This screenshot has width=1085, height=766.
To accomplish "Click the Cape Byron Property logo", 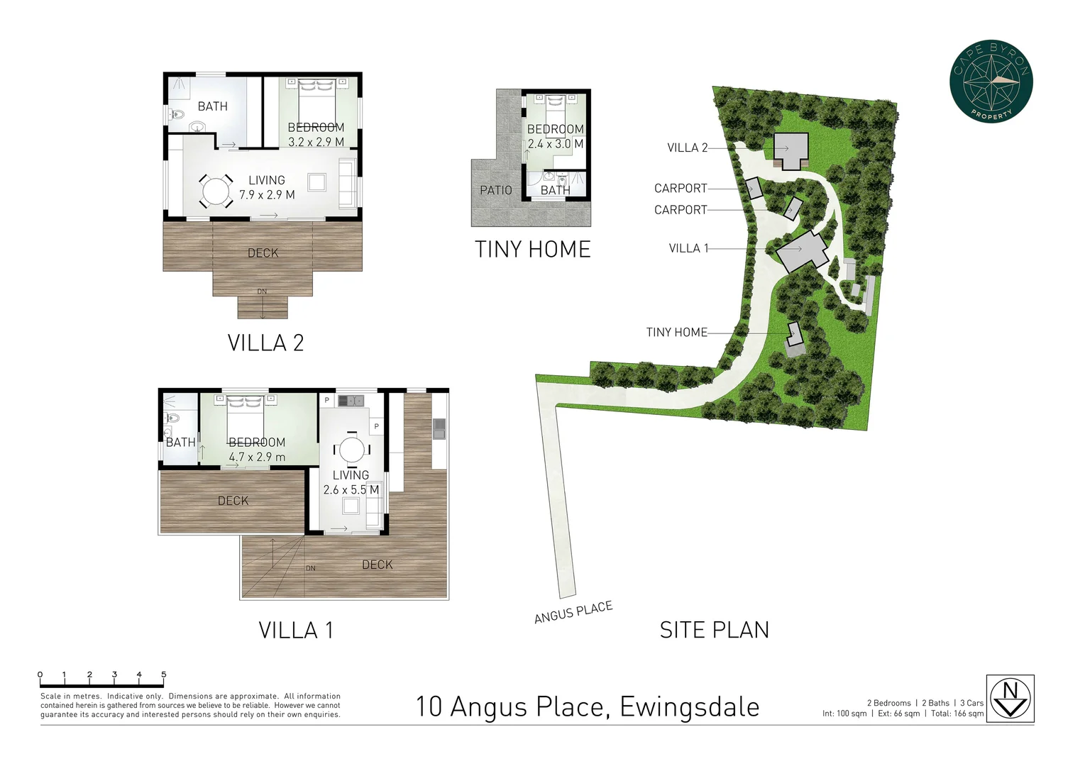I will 991,81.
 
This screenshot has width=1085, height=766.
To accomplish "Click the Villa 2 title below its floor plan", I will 265,343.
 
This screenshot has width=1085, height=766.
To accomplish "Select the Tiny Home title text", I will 532,250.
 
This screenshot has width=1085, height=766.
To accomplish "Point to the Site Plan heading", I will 714,630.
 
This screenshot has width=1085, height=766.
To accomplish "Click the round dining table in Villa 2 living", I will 216,191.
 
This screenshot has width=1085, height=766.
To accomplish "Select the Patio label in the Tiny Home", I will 495,190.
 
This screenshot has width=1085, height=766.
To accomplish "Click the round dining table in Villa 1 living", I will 351,450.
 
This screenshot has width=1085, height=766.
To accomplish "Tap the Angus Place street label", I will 573,612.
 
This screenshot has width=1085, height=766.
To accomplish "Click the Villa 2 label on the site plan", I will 687,148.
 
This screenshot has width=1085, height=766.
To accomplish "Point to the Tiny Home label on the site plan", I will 676,332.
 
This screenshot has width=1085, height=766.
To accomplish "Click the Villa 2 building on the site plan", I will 791,149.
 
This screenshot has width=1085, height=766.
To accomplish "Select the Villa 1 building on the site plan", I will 802,250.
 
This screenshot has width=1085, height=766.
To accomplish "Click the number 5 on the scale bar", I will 164,675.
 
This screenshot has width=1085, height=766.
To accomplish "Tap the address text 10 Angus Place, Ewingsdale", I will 587,707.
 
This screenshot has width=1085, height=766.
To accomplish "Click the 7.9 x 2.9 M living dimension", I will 267,194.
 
